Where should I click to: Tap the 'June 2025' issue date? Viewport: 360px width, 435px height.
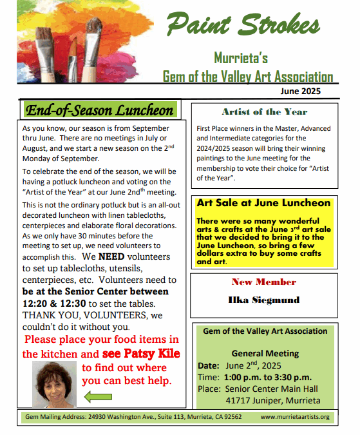click(300, 92)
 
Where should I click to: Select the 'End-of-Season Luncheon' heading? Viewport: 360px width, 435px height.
click(99, 110)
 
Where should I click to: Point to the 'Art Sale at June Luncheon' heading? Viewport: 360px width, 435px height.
click(263, 203)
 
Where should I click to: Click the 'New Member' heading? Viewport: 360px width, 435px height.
click(264, 282)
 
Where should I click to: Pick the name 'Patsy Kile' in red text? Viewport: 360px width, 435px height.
click(141, 354)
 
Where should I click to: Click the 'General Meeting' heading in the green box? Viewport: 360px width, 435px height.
click(265, 353)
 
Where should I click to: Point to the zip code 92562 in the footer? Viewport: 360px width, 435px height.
click(231, 417)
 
